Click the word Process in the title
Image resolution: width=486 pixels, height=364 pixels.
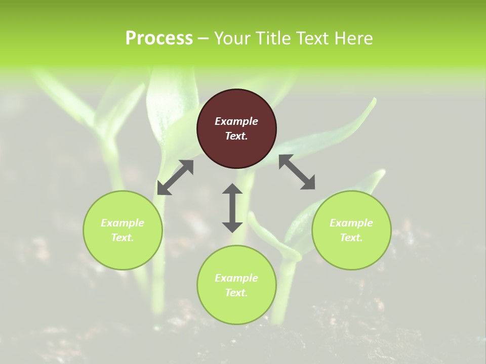point(159,38)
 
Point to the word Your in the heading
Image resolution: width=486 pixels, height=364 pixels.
point(231,38)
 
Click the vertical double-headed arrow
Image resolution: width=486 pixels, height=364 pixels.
point(232,208)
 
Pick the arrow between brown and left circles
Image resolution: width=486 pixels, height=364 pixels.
point(175,177)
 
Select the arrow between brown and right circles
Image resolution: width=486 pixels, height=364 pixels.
point(297,172)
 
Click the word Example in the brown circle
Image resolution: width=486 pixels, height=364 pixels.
point(236,121)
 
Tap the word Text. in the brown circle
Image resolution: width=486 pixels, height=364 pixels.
point(236,136)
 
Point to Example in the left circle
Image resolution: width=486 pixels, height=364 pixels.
point(123,223)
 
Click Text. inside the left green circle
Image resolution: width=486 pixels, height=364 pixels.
point(123,238)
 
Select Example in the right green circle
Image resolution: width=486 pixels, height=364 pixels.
point(351,223)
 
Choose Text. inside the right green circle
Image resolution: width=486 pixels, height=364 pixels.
point(351,238)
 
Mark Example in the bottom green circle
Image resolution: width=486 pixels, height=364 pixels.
point(236,278)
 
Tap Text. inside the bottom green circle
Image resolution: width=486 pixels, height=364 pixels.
point(236,293)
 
